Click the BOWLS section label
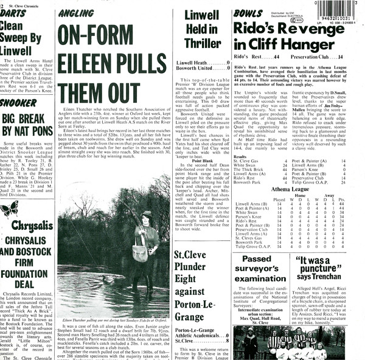[248, 13]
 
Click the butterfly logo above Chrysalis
[9, 210]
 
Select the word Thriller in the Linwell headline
[203, 43]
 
